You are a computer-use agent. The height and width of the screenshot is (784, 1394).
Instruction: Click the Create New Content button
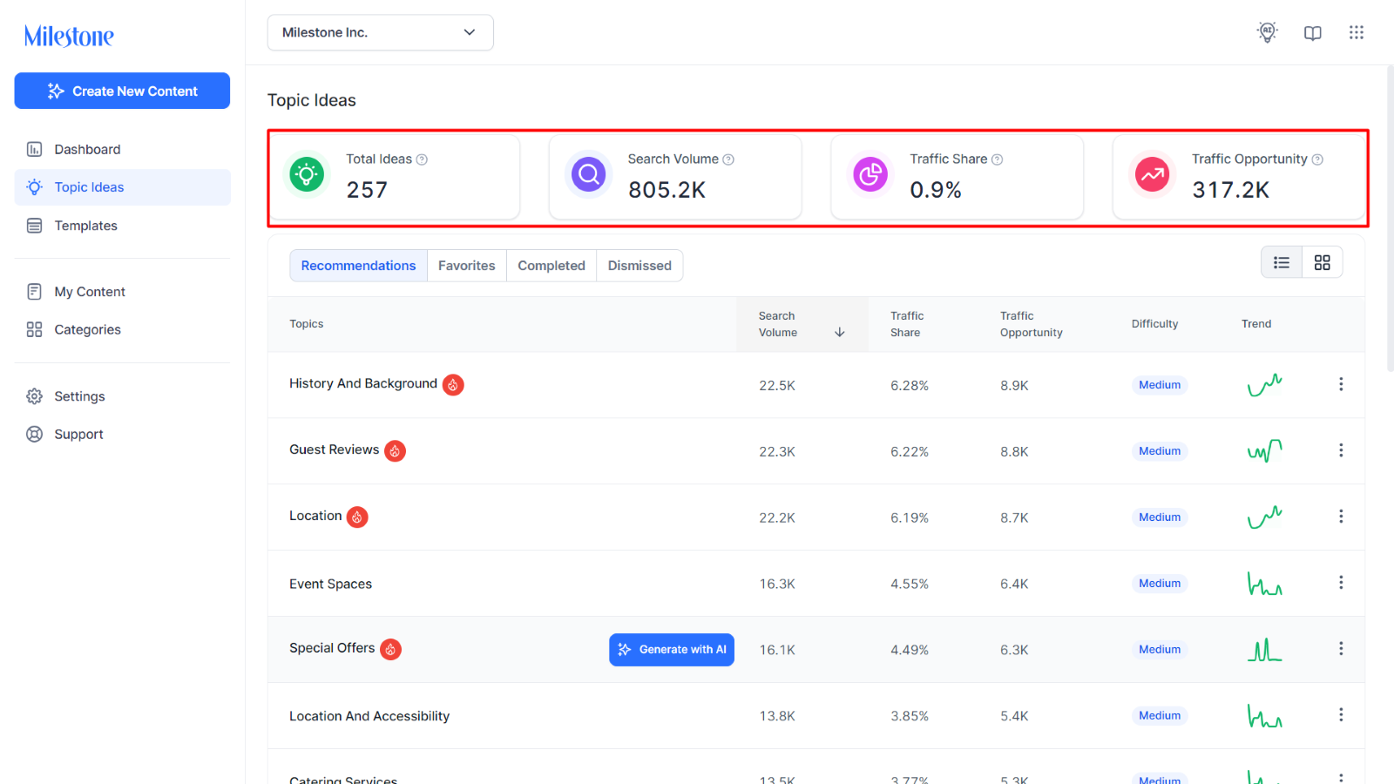(x=122, y=91)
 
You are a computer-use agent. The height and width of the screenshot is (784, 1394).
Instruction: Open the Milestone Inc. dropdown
(x=380, y=32)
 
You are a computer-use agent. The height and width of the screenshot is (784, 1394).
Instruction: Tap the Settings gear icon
(x=34, y=396)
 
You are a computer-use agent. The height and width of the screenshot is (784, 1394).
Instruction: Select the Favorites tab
(x=467, y=266)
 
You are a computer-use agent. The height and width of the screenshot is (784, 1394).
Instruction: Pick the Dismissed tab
(x=639, y=266)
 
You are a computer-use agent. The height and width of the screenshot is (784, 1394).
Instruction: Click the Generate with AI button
(x=672, y=650)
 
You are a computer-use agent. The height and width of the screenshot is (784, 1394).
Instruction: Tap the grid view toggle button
(x=1323, y=262)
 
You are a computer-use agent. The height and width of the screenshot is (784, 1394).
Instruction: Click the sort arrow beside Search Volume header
(x=840, y=332)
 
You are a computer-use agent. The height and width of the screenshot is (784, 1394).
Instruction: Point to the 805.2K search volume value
(x=667, y=190)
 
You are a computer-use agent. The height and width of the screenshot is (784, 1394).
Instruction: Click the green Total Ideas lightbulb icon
(x=306, y=174)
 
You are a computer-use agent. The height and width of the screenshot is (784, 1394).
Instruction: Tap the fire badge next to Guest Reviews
(x=395, y=450)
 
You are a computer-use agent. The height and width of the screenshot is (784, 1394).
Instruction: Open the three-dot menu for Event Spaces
(x=1341, y=583)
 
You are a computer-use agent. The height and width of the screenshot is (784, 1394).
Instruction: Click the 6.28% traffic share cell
(x=910, y=386)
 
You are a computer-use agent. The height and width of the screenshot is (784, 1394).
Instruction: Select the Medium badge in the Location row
(x=1160, y=517)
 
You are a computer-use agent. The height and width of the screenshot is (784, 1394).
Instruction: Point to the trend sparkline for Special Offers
(x=1264, y=650)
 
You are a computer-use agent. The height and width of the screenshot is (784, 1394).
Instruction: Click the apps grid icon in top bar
(x=1357, y=32)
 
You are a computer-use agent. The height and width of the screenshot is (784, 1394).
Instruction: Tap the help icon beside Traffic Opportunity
(x=1317, y=160)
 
